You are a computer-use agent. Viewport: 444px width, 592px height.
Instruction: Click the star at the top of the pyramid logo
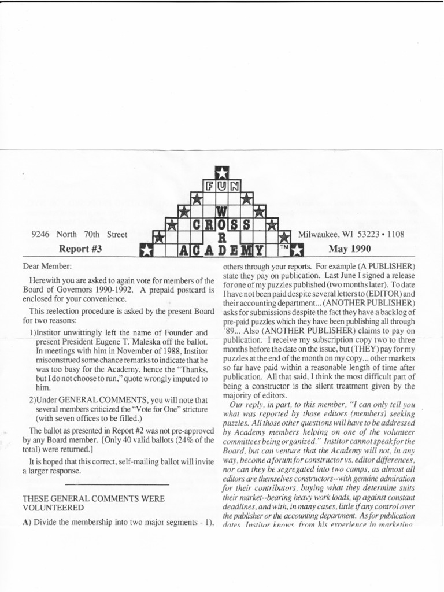[x=222, y=172]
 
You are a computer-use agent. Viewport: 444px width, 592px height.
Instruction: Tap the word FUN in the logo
[x=222, y=186]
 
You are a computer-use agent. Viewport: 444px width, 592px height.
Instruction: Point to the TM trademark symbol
[x=284, y=247]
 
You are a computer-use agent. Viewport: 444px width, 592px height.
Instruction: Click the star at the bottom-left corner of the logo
[x=147, y=250]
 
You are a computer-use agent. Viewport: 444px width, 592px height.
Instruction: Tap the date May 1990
[x=350, y=249]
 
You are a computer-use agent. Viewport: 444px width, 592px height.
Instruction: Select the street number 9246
[x=42, y=235]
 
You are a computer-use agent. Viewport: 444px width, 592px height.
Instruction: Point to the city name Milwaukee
[x=319, y=235]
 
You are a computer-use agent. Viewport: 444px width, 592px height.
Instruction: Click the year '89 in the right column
[x=228, y=331]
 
